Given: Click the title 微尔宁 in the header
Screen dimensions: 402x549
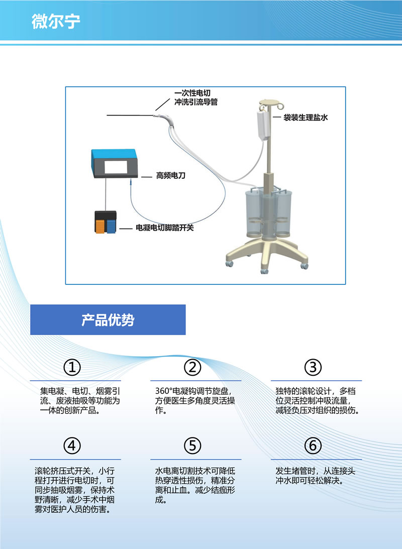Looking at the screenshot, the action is [x=56, y=21].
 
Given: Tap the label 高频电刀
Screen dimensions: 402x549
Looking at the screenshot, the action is [x=170, y=175].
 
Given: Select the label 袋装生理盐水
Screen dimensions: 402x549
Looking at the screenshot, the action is [x=306, y=118].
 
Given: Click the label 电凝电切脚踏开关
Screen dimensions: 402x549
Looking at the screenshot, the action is [x=165, y=228].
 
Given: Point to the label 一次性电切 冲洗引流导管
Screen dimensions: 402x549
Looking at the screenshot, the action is [x=196, y=97].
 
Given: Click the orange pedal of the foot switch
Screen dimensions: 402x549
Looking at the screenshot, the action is [x=100, y=226].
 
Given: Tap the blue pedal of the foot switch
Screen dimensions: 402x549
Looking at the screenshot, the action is [x=111, y=226].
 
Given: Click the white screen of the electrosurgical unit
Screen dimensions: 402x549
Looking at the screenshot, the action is [x=116, y=167].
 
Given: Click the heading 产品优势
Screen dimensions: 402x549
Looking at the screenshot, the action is [x=108, y=319].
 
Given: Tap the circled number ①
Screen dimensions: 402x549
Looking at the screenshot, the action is [x=72, y=367].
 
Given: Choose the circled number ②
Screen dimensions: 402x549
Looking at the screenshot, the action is [x=192, y=367].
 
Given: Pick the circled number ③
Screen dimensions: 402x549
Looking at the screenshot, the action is [x=313, y=367].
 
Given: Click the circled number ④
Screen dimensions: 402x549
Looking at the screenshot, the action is [x=72, y=446].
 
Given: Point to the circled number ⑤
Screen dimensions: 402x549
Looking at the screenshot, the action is [x=192, y=446].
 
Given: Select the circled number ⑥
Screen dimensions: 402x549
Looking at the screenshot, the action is [x=313, y=446].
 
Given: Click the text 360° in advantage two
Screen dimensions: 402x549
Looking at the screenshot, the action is [x=164, y=391].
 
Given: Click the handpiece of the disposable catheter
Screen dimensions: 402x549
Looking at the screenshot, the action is [x=165, y=119].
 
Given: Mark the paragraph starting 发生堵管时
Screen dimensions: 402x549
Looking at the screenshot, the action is [x=316, y=476].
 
